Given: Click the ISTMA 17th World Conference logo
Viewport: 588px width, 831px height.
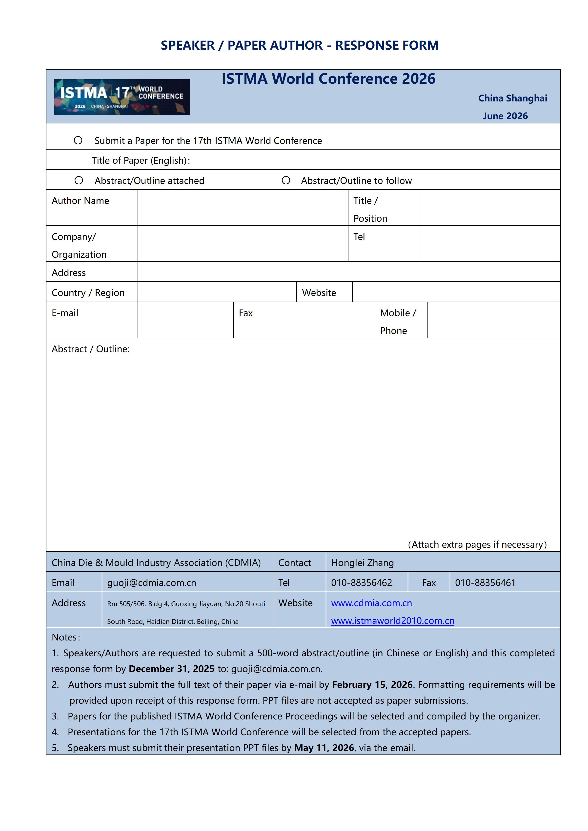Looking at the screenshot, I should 122,97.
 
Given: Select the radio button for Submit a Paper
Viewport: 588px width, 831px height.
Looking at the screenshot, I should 78,140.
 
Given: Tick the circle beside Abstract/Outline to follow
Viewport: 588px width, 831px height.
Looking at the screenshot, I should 286,180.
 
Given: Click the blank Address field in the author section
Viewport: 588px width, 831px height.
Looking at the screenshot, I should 349,272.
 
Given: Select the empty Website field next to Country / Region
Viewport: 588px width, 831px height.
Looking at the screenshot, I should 456,292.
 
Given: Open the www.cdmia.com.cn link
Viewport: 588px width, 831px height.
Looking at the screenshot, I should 371,603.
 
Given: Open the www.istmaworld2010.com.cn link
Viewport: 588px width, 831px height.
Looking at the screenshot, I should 392,621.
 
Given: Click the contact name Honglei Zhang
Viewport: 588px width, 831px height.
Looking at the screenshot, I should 363,563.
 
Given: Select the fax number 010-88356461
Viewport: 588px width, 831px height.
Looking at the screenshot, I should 485,583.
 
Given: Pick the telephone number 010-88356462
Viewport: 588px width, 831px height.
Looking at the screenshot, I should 361,583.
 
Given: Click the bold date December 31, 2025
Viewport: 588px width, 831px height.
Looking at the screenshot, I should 172,669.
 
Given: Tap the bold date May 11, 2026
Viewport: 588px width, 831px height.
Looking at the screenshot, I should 324,748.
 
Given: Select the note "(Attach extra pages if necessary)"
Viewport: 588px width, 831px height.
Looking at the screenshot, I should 477,545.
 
